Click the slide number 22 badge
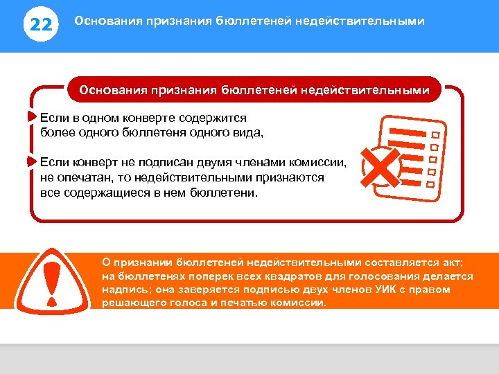tap(42, 26)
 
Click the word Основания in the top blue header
tap(106, 21)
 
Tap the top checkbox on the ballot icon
tap(436, 134)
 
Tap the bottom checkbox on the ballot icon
tap(430, 184)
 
